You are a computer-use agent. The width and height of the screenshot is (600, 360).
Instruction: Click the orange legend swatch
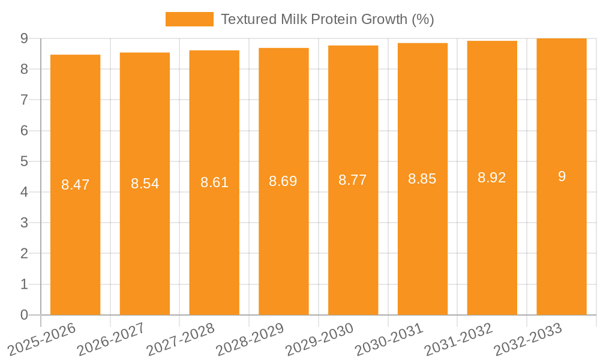189,19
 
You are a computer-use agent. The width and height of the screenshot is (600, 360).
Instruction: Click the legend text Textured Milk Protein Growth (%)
327,19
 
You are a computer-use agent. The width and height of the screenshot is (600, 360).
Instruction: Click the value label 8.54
145,184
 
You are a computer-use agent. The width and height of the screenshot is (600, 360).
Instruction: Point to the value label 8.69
283,181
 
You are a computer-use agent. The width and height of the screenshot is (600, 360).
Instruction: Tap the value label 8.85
422,179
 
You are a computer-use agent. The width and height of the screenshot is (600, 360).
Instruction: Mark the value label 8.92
492,178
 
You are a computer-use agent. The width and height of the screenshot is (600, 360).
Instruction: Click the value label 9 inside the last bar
562,176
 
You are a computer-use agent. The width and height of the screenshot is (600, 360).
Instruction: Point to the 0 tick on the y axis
24,315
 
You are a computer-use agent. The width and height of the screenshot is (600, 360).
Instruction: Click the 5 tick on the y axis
24,161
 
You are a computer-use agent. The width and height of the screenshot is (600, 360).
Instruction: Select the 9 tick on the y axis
24,38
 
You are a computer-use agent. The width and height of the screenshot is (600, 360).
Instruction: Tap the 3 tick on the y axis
24,223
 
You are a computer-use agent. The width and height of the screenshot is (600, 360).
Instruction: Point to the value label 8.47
75,185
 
